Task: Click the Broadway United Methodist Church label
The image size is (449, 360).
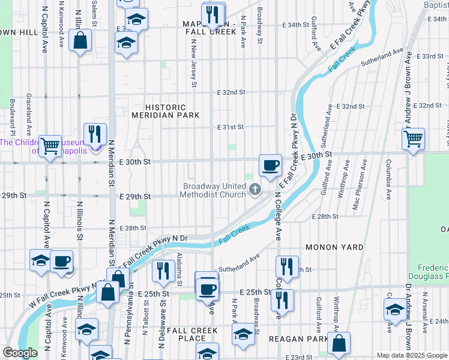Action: click(x=214, y=190)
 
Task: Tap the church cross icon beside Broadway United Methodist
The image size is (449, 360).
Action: click(x=255, y=190)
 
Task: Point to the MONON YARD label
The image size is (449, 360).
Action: click(x=334, y=247)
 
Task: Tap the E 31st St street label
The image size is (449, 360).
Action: click(x=231, y=127)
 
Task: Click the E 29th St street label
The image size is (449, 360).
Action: click(x=133, y=197)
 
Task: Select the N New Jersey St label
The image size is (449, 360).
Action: click(x=194, y=63)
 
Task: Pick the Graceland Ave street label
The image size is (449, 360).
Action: click(x=29, y=114)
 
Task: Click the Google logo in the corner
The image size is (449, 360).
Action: click(x=19, y=353)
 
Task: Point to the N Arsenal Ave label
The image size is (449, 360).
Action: click(x=425, y=313)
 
